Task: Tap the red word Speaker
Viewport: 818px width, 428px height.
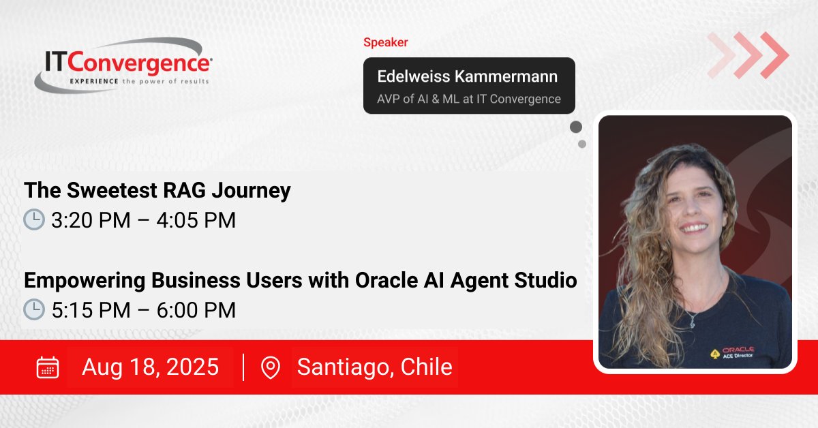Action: click(385, 42)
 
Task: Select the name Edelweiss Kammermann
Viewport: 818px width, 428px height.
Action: click(468, 76)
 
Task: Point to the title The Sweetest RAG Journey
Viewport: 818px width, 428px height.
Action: click(157, 191)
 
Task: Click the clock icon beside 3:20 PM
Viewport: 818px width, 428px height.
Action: click(34, 220)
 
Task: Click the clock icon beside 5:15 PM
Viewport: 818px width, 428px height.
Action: click(34, 310)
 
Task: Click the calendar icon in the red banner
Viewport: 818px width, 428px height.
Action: click(47, 367)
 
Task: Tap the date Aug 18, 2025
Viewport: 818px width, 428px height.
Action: click(150, 367)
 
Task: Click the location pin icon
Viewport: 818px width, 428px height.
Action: click(271, 367)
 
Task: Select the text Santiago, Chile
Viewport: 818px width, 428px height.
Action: click(374, 367)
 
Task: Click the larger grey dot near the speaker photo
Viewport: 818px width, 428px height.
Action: click(576, 127)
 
